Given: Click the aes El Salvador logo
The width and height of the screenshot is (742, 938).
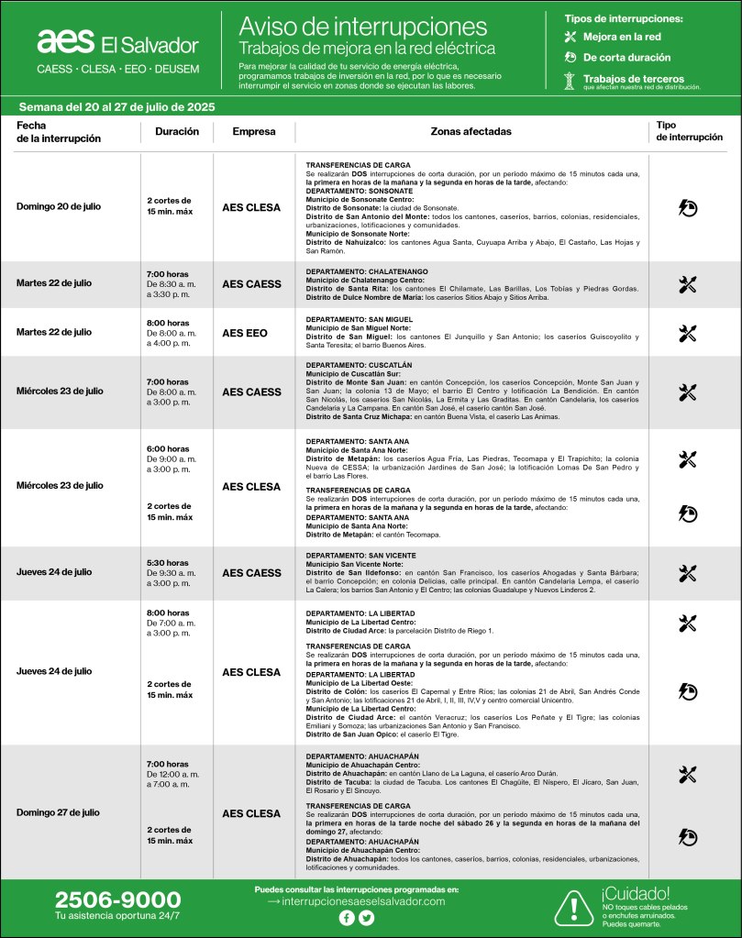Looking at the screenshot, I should pos(117,43).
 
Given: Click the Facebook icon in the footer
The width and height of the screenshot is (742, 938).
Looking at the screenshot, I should pos(347,918).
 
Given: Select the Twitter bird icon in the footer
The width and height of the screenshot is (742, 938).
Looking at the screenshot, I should pos(367,918).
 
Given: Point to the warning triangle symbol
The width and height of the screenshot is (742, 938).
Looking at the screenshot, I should pos(573,907).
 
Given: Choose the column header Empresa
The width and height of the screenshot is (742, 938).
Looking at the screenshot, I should pos(253,131).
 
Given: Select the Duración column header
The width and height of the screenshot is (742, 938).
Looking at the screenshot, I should pos(176,131).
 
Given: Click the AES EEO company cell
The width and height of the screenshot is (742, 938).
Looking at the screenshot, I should pos(245,333).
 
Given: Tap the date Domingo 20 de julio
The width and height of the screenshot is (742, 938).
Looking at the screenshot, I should pos(59,206).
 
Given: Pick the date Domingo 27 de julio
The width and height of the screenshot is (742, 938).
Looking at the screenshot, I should pos(59,812).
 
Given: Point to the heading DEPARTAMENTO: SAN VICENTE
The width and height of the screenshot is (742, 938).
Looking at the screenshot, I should pos(360,556).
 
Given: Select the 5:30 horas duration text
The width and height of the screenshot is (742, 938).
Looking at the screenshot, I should pos(168,563).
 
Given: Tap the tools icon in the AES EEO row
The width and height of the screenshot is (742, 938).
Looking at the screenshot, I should pos(688,333).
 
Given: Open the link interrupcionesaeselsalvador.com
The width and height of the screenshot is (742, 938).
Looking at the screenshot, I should pos(363,901).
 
